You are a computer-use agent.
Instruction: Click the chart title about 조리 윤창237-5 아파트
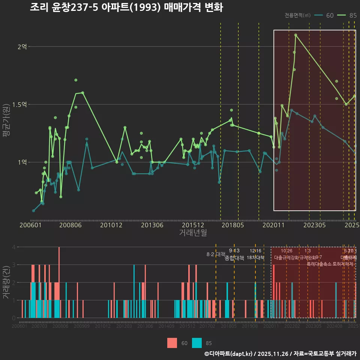tap(126, 7)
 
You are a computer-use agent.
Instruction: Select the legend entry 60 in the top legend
tap(324, 15)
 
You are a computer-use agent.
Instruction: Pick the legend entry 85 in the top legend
tap(347, 15)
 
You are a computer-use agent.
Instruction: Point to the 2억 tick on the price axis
tap(22, 47)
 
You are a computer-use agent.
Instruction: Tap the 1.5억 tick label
tap(19, 105)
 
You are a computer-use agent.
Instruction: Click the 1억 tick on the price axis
tap(22, 162)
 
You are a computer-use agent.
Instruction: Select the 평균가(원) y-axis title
tap(6, 121)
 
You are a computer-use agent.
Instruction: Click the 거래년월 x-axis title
tap(193, 232)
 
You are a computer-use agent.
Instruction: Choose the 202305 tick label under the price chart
tap(314, 225)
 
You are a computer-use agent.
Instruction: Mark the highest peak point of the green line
tap(295, 35)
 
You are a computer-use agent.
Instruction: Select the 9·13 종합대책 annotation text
tap(234, 255)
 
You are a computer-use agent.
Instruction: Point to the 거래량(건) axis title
tap(6, 282)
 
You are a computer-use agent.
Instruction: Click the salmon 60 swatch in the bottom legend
tap(172, 343)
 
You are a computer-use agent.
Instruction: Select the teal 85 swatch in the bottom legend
tap(196, 343)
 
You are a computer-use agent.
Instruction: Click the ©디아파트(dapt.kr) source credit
tap(229, 354)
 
